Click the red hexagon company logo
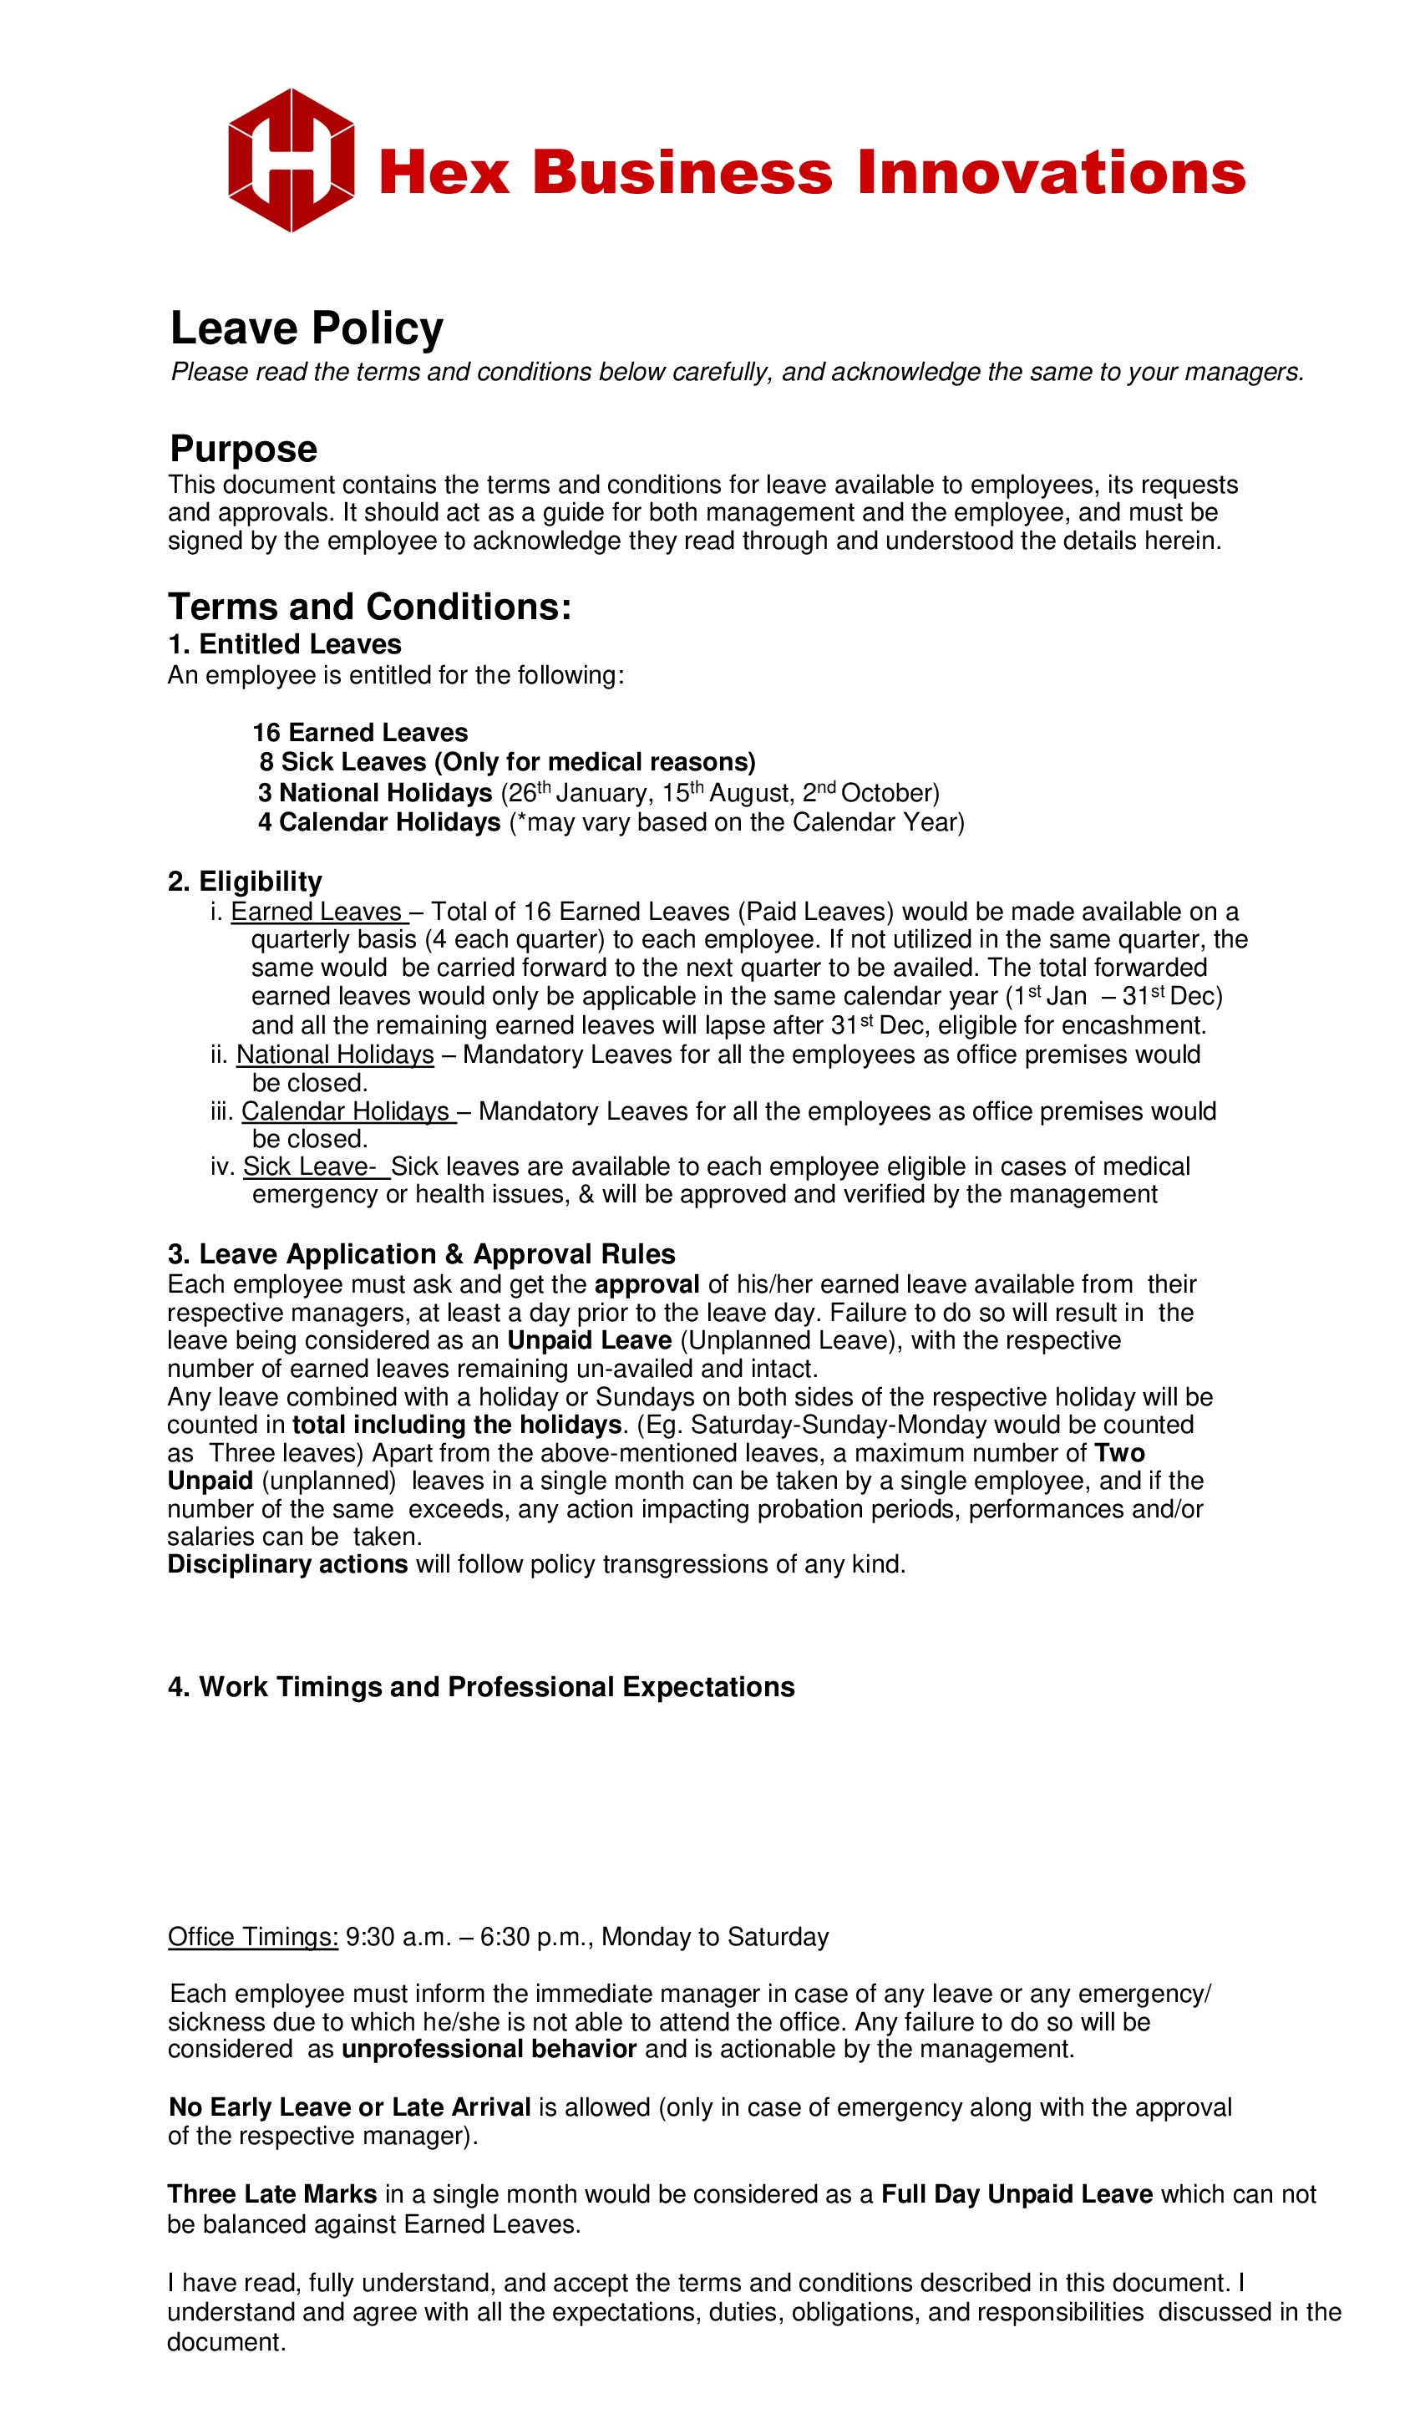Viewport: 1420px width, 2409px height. (x=291, y=160)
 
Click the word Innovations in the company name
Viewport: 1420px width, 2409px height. (x=1051, y=173)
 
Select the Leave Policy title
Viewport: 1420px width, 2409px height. (x=307, y=328)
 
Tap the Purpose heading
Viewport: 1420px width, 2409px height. (x=243, y=449)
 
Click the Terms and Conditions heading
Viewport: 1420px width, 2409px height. (x=369, y=607)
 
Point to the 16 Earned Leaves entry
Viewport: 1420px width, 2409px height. (x=360, y=732)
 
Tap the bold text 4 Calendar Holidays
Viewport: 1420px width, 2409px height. (x=379, y=822)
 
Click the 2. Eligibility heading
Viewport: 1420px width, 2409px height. (x=245, y=882)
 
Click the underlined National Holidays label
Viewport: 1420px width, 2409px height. (x=335, y=1054)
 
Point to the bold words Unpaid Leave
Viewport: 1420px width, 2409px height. (x=590, y=1340)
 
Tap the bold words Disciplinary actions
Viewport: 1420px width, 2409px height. (x=287, y=1564)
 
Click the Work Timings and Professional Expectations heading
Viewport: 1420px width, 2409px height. (x=481, y=1686)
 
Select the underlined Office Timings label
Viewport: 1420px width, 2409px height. (x=252, y=1936)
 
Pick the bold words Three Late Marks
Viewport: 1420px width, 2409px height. (x=271, y=2193)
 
